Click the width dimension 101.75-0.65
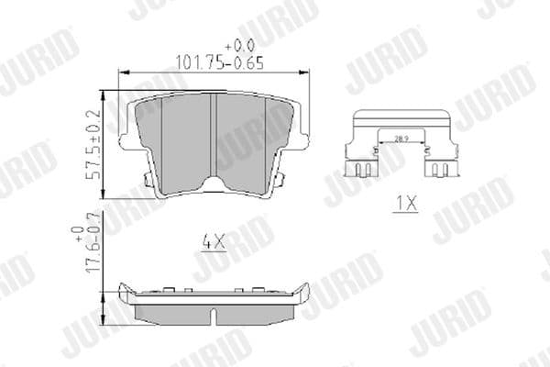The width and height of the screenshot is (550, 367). [213, 62]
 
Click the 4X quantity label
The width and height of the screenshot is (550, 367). [213, 243]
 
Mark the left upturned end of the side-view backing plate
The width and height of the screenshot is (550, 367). [126, 292]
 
